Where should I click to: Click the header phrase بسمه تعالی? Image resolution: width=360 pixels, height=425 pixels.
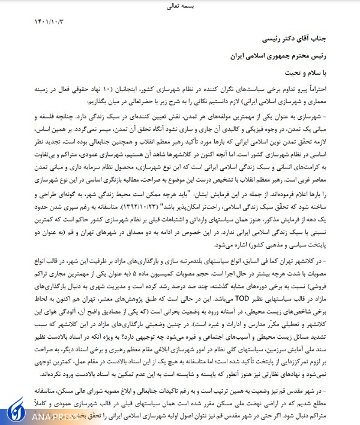(180, 8)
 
